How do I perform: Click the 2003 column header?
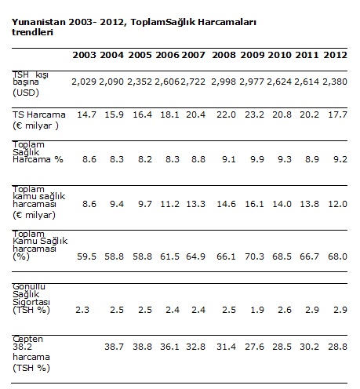(84, 55)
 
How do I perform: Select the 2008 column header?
(224, 55)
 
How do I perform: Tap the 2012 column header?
(335, 55)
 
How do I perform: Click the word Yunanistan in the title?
(38, 22)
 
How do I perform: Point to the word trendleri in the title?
(32, 32)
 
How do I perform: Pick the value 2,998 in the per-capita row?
(224, 82)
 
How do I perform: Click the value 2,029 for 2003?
(84, 82)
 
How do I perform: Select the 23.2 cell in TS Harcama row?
(254, 115)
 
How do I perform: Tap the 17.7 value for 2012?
(337, 115)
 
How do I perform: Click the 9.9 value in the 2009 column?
(257, 159)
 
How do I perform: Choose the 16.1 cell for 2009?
(254, 204)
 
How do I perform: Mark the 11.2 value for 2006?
(169, 204)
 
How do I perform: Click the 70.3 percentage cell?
(254, 256)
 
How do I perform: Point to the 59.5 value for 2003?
(86, 256)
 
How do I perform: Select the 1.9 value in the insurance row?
(257, 310)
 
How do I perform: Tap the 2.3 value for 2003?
(82, 310)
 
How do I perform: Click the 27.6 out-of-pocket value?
(254, 347)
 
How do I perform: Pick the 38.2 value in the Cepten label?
(22, 347)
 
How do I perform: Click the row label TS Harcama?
(39, 115)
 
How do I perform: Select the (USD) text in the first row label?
(26, 93)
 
